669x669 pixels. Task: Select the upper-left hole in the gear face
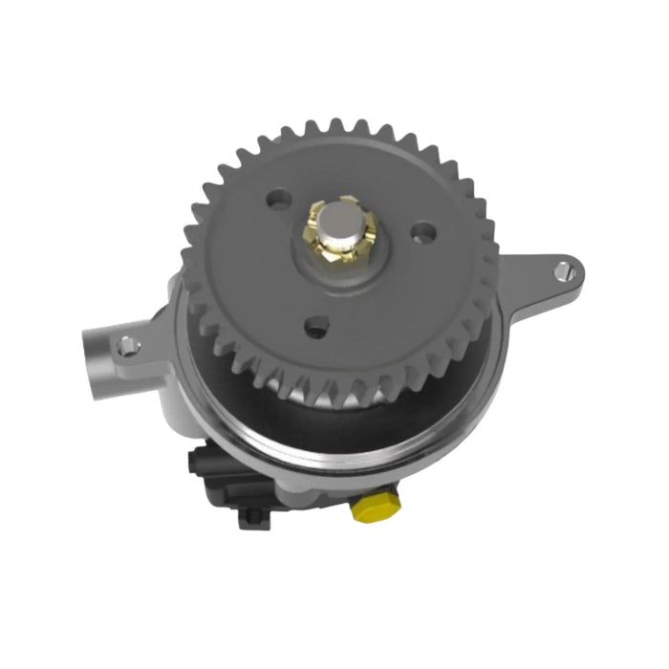278,202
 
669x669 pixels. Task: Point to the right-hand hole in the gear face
421,231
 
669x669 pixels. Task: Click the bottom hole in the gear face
313,328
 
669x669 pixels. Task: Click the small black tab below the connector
251,517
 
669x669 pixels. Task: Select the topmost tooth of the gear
336,127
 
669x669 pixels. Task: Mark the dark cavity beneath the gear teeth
315,421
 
